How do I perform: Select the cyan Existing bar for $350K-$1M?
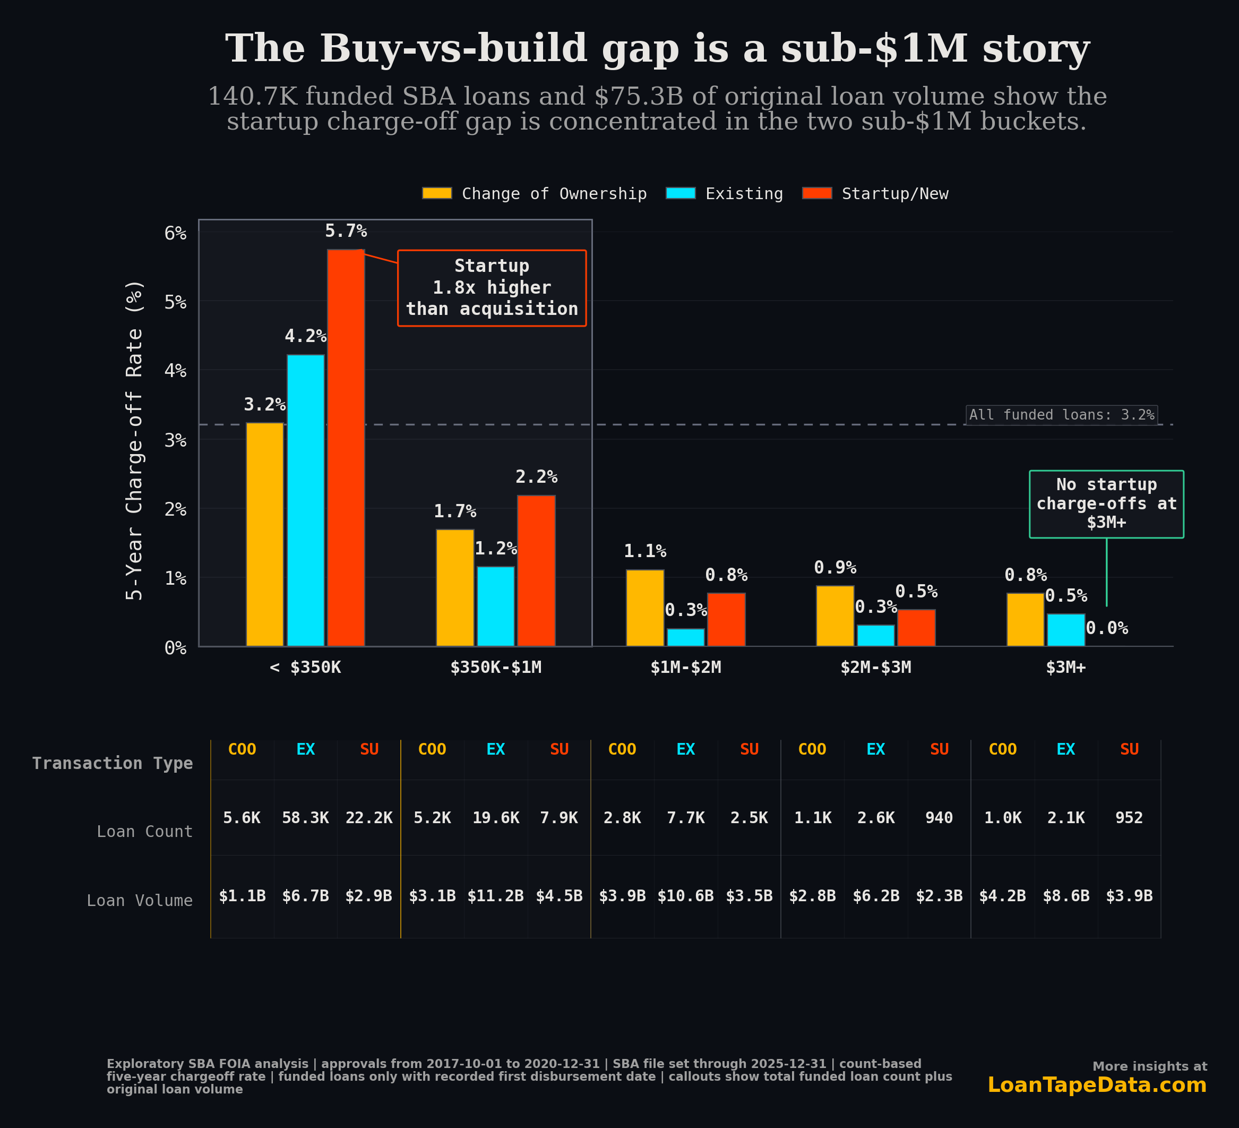click(495, 606)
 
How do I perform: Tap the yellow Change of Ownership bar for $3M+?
click(1025, 620)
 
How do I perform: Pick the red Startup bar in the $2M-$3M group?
click(916, 628)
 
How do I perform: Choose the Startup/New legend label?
click(895, 194)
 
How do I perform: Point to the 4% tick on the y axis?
click(175, 370)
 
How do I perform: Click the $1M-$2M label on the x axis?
click(686, 668)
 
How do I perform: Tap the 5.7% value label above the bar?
click(346, 231)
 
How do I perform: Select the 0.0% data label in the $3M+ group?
click(1106, 628)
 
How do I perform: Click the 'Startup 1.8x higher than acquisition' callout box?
click(492, 288)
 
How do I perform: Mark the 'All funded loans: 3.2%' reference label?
click(1061, 415)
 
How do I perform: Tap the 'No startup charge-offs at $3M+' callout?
click(1106, 503)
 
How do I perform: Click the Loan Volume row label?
click(140, 901)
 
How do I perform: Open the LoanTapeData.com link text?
click(1096, 1085)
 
